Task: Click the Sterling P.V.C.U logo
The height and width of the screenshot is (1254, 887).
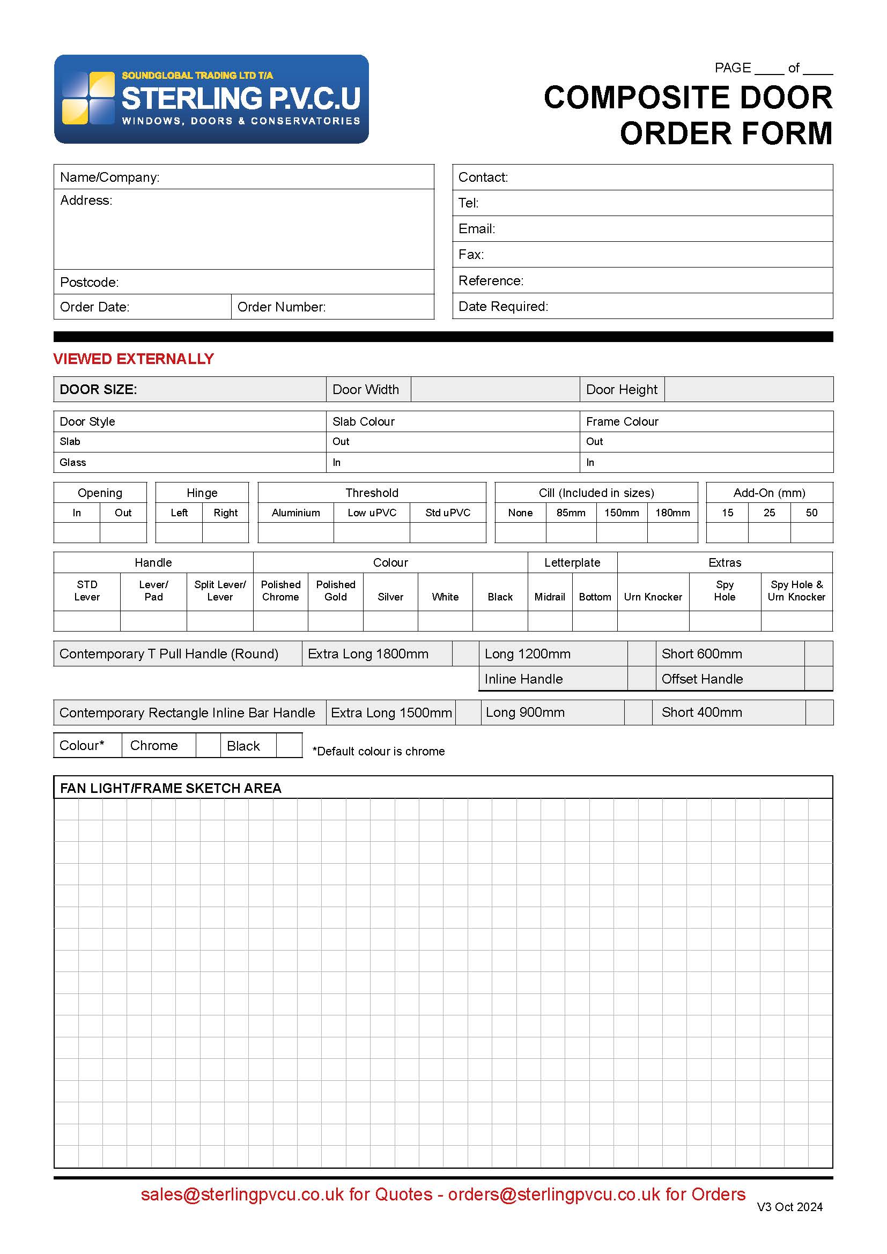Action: point(211,99)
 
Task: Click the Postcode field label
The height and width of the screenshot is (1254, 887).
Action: point(89,282)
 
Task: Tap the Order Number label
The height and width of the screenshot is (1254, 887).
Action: point(282,307)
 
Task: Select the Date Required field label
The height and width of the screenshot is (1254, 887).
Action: point(503,307)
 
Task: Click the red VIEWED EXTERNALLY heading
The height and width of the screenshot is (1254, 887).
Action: point(134,359)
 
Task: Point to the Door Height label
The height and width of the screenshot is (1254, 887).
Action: point(622,389)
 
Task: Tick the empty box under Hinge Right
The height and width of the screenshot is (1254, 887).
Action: point(226,532)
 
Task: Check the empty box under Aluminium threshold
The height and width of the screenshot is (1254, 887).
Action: point(295,532)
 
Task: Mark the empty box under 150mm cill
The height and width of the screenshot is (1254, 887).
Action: point(622,532)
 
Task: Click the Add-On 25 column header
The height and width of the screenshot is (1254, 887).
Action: point(769,513)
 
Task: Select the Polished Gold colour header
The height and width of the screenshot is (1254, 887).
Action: point(335,590)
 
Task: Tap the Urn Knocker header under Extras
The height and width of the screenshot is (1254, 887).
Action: point(653,597)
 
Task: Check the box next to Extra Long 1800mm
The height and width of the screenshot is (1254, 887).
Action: point(465,654)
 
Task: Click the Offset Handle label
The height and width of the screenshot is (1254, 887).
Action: point(702,679)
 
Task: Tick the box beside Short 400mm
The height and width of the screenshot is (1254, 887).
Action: point(819,713)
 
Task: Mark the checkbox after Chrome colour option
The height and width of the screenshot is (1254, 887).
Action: point(208,746)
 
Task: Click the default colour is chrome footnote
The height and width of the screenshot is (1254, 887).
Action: point(379,752)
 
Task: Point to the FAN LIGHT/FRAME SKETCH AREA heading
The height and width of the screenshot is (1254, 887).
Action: point(171,788)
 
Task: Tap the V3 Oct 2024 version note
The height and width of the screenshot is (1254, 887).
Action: point(789,1207)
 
